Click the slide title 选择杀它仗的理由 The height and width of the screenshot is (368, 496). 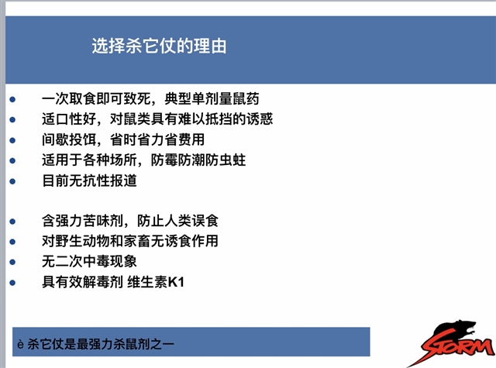click(159, 46)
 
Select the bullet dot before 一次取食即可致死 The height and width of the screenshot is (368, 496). click(12, 100)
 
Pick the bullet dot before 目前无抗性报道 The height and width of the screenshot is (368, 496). click(12, 181)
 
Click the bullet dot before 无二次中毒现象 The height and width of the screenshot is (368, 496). click(12, 262)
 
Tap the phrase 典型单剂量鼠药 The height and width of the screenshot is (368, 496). click(212, 98)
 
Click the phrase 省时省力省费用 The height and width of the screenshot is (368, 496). click(157, 139)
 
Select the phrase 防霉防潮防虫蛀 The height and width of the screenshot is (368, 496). click(198, 160)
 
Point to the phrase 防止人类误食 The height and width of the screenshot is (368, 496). click(177, 221)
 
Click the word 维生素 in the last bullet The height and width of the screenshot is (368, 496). click(147, 282)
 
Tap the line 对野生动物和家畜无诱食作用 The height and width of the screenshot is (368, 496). click(130, 241)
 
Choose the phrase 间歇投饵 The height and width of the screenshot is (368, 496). click(69, 139)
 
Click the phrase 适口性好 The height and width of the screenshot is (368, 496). click(69, 119)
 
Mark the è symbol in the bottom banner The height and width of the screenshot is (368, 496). click(21, 344)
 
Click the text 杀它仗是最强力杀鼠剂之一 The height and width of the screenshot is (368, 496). click(101, 344)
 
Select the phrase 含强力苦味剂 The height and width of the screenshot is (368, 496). click(82, 221)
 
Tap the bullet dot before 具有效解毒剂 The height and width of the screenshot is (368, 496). click(12, 283)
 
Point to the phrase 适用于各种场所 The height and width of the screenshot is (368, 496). click(89, 160)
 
